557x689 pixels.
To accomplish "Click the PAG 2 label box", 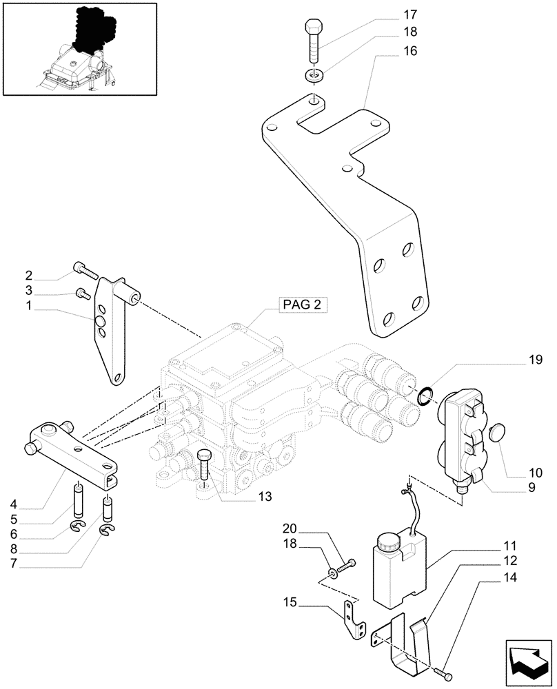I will coord(303,305).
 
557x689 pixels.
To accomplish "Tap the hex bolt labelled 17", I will coord(314,41).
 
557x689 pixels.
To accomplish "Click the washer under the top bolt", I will coord(314,74).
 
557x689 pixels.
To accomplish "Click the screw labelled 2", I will coord(80,269).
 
